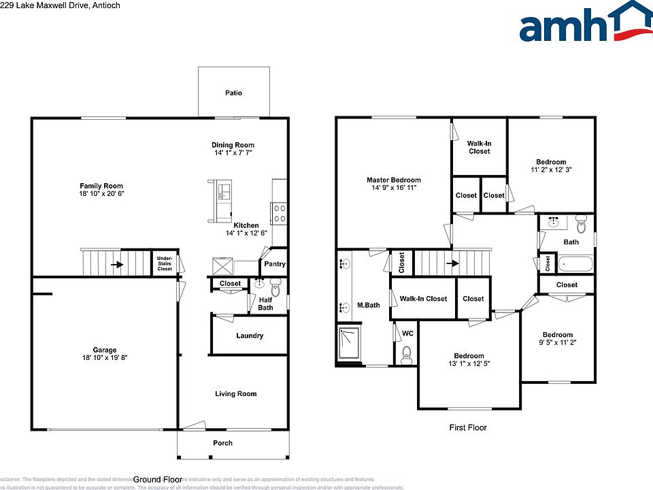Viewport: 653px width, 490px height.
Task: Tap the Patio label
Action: (x=233, y=93)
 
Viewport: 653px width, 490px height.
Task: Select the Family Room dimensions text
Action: (x=101, y=194)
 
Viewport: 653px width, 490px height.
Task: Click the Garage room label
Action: (x=105, y=350)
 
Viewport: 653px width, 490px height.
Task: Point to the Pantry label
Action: (x=274, y=264)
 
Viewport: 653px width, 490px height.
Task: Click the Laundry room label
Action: (x=250, y=336)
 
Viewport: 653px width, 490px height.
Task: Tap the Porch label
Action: (x=222, y=443)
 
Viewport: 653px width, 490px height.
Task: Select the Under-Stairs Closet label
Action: (x=165, y=263)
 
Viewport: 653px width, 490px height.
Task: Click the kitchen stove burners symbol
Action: (x=278, y=213)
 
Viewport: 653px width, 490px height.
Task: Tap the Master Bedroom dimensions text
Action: (x=393, y=188)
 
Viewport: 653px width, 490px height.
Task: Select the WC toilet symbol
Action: (x=407, y=353)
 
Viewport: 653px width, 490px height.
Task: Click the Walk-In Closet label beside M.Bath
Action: (x=423, y=299)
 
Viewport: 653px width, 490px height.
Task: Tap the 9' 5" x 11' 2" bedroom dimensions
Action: (x=557, y=343)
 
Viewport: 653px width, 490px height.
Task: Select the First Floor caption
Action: (x=468, y=427)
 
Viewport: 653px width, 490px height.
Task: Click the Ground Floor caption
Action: (x=157, y=479)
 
